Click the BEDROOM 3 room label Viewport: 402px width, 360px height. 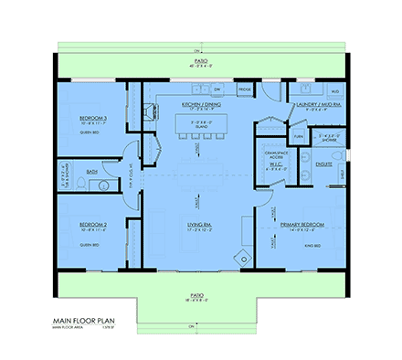coord(94,118)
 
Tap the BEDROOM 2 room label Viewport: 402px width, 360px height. coord(94,225)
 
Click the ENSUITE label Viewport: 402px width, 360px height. coord(323,164)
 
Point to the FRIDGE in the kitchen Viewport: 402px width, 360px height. coord(245,90)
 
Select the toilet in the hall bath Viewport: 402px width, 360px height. coord(80,186)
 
